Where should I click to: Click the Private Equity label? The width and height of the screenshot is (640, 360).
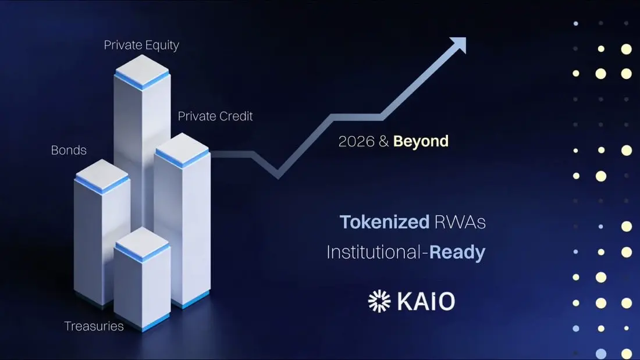(141, 45)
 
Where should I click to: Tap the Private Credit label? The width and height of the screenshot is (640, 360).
(215, 116)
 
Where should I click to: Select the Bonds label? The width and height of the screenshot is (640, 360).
(69, 150)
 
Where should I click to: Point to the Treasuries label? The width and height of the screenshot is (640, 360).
(94, 326)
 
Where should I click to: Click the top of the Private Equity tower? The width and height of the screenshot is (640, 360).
(141, 70)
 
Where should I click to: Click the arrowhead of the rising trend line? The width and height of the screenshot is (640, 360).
(459, 44)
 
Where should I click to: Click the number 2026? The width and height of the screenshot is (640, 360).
(356, 141)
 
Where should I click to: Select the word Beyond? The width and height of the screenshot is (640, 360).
(421, 141)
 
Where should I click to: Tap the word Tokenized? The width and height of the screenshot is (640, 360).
(385, 222)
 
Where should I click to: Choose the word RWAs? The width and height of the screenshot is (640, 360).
(460, 222)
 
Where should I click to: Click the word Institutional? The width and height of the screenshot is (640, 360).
(374, 252)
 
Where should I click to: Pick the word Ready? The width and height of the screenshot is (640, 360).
(457, 252)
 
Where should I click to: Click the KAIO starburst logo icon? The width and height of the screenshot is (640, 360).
(379, 301)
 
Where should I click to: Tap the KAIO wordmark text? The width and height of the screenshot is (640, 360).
(426, 302)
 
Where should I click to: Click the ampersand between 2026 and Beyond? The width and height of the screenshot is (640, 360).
(383, 141)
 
